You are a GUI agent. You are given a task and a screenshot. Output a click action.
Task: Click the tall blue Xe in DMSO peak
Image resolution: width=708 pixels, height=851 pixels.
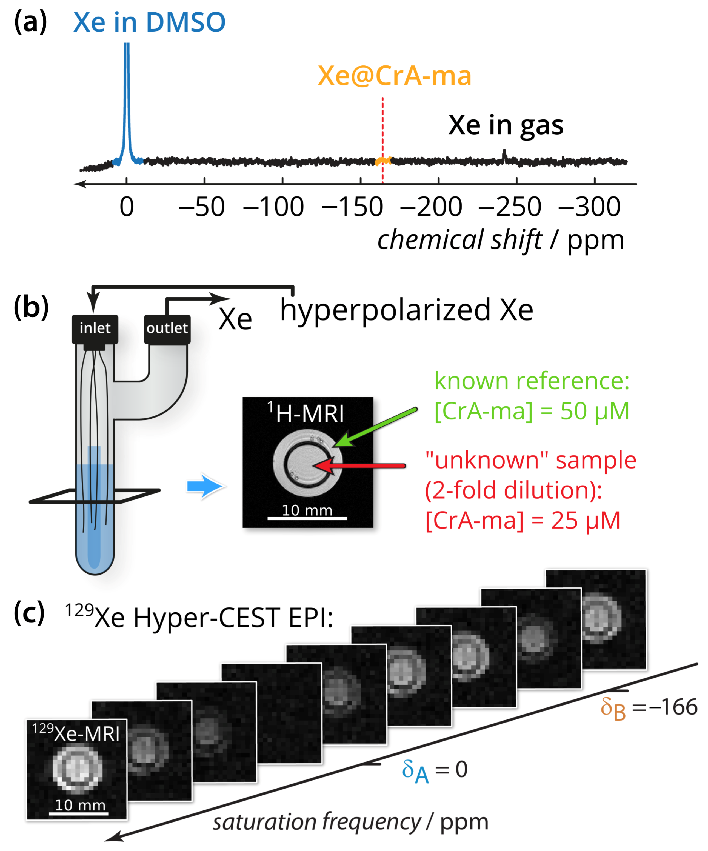(127, 101)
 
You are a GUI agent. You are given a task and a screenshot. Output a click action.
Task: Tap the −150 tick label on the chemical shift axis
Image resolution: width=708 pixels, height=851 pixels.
(352, 207)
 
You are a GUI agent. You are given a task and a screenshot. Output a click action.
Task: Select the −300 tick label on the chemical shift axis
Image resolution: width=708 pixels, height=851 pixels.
(589, 207)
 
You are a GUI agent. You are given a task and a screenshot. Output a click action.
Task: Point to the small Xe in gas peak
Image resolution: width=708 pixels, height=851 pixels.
(504, 156)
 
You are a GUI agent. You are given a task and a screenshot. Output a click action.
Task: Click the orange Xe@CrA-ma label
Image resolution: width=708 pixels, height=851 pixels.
(394, 76)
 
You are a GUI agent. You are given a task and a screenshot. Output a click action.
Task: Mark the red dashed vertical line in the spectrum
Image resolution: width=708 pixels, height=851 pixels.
(382, 134)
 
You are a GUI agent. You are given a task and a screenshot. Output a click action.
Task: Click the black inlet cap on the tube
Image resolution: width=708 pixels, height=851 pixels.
(95, 328)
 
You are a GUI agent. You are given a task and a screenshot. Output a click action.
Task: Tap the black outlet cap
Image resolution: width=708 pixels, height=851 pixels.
(167, 328)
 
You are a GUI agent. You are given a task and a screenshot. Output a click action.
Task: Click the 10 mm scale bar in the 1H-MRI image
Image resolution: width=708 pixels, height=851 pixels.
(307, 518)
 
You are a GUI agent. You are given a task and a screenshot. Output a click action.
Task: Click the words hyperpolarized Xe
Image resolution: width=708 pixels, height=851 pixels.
(407, 310)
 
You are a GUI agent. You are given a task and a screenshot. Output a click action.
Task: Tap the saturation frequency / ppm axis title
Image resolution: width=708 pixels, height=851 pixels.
(350, 822)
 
